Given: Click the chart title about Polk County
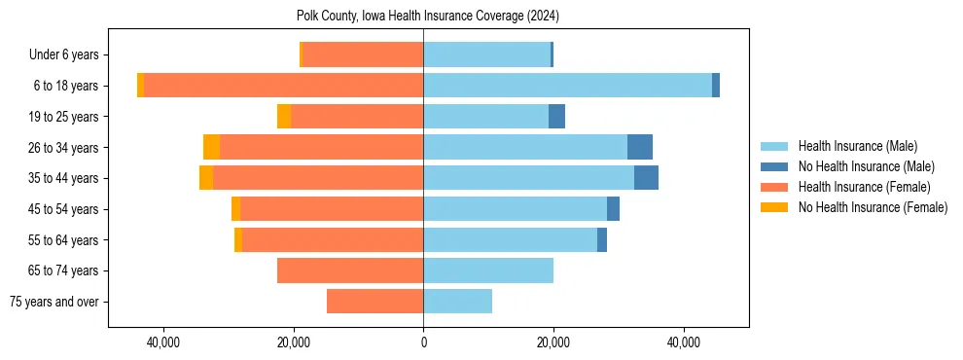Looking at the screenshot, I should pos(427,17).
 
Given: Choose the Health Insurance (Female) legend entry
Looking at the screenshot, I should pos(864,187).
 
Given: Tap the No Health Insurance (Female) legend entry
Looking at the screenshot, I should pos(873,207).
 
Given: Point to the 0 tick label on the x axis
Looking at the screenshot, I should pos(423,342).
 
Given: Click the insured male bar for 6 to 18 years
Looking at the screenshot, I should pos(567,86).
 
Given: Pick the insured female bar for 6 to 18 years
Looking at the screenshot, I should pos(283,86).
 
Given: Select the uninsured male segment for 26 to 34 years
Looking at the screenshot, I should pos(640,147).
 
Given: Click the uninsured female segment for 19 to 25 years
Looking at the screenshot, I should pos(284,117).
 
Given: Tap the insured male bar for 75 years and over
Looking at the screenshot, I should pos(457,302).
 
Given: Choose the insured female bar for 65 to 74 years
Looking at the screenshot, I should pos(350,270).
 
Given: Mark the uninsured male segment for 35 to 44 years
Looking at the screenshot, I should pos(646,178).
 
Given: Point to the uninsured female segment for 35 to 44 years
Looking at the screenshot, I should pos(206,178).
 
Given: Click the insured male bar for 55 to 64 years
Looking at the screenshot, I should pos(510,239).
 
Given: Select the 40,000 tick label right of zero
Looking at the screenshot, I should pos(684,342).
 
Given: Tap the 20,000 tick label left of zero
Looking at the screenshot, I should pos(293,342).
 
